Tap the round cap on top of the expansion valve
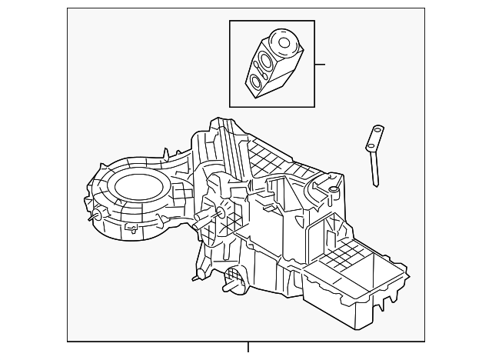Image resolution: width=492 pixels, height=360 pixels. tap(286, 43)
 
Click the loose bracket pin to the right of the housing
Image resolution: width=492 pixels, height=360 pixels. tap(374, 154)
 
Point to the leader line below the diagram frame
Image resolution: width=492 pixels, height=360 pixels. tap(248, 347)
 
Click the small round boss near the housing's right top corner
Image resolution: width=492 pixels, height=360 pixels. tap(333, 189)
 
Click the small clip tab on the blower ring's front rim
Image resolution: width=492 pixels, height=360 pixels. tap(131, 228)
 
